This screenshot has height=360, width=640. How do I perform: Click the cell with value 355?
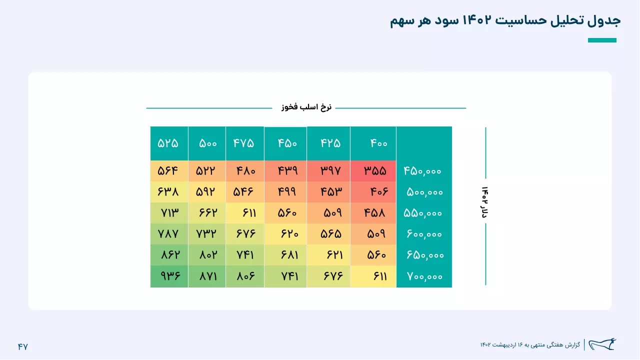tap(373, 171)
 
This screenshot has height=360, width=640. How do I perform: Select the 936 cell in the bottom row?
tap(169, 276)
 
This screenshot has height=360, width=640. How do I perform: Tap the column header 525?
tap(169, 143)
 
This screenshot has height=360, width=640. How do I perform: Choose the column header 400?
tap(373, 143)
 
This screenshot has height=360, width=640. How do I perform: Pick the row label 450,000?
tap(422, 171)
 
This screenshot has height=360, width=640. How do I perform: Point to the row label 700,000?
tap(424, 276)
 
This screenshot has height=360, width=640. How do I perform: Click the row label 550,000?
tap(422, 213)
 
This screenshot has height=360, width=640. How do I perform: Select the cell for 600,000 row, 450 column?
tap(285, 234)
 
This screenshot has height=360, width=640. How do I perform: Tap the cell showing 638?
tap(169, 191)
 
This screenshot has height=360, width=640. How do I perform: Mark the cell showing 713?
tap(169, 213)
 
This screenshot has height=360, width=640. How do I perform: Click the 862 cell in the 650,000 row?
tap(169, 255)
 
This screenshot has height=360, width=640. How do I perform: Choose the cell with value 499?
tap(285, 191)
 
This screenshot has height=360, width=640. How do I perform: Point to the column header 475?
tap(245, 143)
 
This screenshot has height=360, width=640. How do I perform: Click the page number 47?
tap(23, 346)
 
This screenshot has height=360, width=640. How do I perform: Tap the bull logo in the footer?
tap(602, 344)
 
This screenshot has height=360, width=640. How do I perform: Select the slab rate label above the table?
tap(306, 107)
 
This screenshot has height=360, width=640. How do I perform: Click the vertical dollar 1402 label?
tap(484, 202)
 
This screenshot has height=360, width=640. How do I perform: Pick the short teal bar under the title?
tap(602, 40)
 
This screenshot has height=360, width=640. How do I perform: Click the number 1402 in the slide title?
tap(476, 20)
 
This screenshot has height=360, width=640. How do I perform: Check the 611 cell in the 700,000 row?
tap(373, 276)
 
